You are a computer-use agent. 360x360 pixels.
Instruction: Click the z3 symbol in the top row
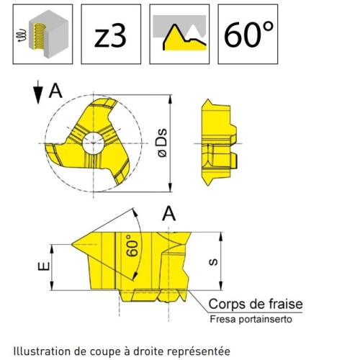110,37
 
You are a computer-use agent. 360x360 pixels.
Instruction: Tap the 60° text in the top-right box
248,34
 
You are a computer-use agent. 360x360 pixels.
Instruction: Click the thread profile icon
179,33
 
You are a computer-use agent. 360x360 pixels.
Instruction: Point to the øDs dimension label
163,143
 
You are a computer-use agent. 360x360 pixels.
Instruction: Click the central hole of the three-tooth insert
94,143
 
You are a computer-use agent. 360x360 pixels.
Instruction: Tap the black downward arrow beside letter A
38,92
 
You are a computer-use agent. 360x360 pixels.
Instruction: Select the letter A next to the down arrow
55,91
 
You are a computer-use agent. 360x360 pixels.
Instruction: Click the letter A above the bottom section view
169,214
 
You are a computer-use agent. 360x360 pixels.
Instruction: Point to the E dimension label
44,266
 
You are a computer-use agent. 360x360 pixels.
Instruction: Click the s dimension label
213,262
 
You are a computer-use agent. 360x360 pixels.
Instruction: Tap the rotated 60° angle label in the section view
132,246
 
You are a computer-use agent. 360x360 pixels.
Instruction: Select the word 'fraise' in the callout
286,304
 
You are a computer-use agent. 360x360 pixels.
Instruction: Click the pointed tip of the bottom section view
72,244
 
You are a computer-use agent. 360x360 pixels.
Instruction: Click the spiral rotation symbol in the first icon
21,35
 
